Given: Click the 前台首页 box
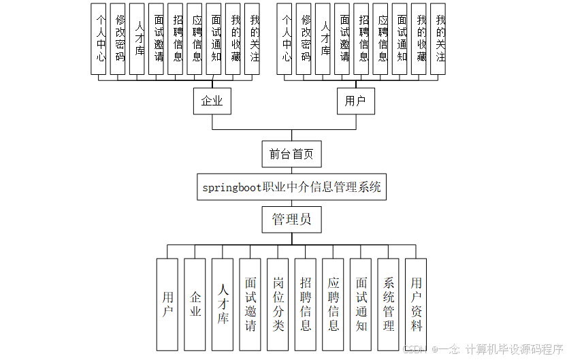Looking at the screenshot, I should point(291,154).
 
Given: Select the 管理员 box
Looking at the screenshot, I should point(291,219).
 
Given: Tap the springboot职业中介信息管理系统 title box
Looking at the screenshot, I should point(291,187).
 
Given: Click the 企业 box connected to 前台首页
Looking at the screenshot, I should point(212,101).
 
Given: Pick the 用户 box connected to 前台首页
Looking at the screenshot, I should point(355,101).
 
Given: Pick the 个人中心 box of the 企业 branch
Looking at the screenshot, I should point(99,38).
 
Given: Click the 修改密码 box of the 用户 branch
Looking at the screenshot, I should point(304,38).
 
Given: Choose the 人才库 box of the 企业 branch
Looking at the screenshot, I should point(137,38).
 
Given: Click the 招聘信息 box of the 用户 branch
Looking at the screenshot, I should point(362,38).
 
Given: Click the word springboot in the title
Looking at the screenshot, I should point(232,187).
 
